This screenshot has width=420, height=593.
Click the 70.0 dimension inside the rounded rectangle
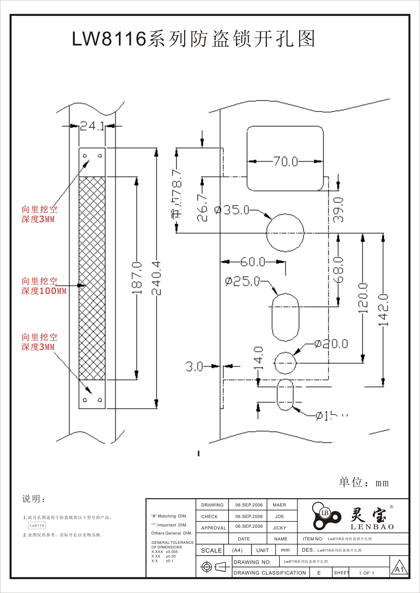pos(286,161)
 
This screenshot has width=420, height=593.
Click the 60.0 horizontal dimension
pos(253,262)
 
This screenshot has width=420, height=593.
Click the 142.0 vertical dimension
pos(383,310)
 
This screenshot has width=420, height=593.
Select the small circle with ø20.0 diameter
pos(285,363)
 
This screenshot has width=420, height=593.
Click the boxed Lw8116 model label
pos(37,525)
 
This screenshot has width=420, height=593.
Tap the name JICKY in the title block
pos(279,528)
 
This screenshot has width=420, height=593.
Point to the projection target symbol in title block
pos(206,567)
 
